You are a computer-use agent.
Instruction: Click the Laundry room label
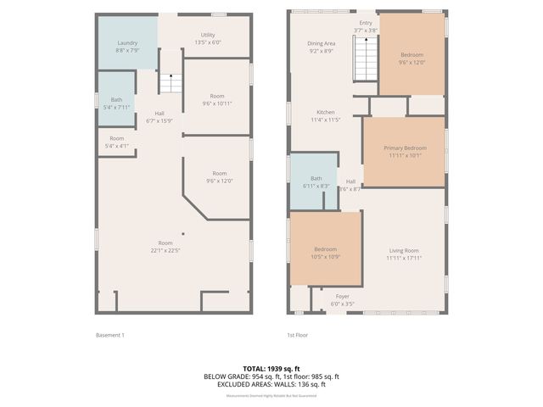[127, 42]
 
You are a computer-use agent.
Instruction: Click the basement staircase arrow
[171, 83]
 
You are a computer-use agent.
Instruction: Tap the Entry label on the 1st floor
[366, 23]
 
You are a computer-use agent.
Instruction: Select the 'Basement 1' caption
[110, 335]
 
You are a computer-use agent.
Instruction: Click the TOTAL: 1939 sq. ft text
[271, 368]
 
